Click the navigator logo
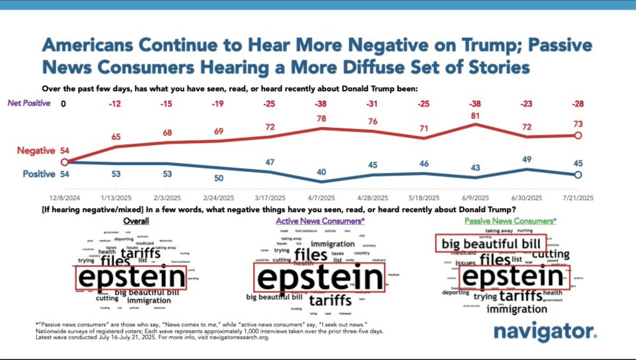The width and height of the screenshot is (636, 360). [545, 332]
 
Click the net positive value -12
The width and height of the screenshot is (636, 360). [116, 103]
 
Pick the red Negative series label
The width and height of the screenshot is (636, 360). [36, 151]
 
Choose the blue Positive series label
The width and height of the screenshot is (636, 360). [38, 174]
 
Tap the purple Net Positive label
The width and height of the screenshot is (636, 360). [29, 103]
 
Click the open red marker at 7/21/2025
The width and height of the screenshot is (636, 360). [578, 136]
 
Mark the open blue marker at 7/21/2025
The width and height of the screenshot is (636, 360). [578, 174]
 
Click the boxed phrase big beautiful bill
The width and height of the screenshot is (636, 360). [491, 244]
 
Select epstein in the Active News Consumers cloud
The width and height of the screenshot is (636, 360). [320, 278]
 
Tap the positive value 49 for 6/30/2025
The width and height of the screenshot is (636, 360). [527, 160]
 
